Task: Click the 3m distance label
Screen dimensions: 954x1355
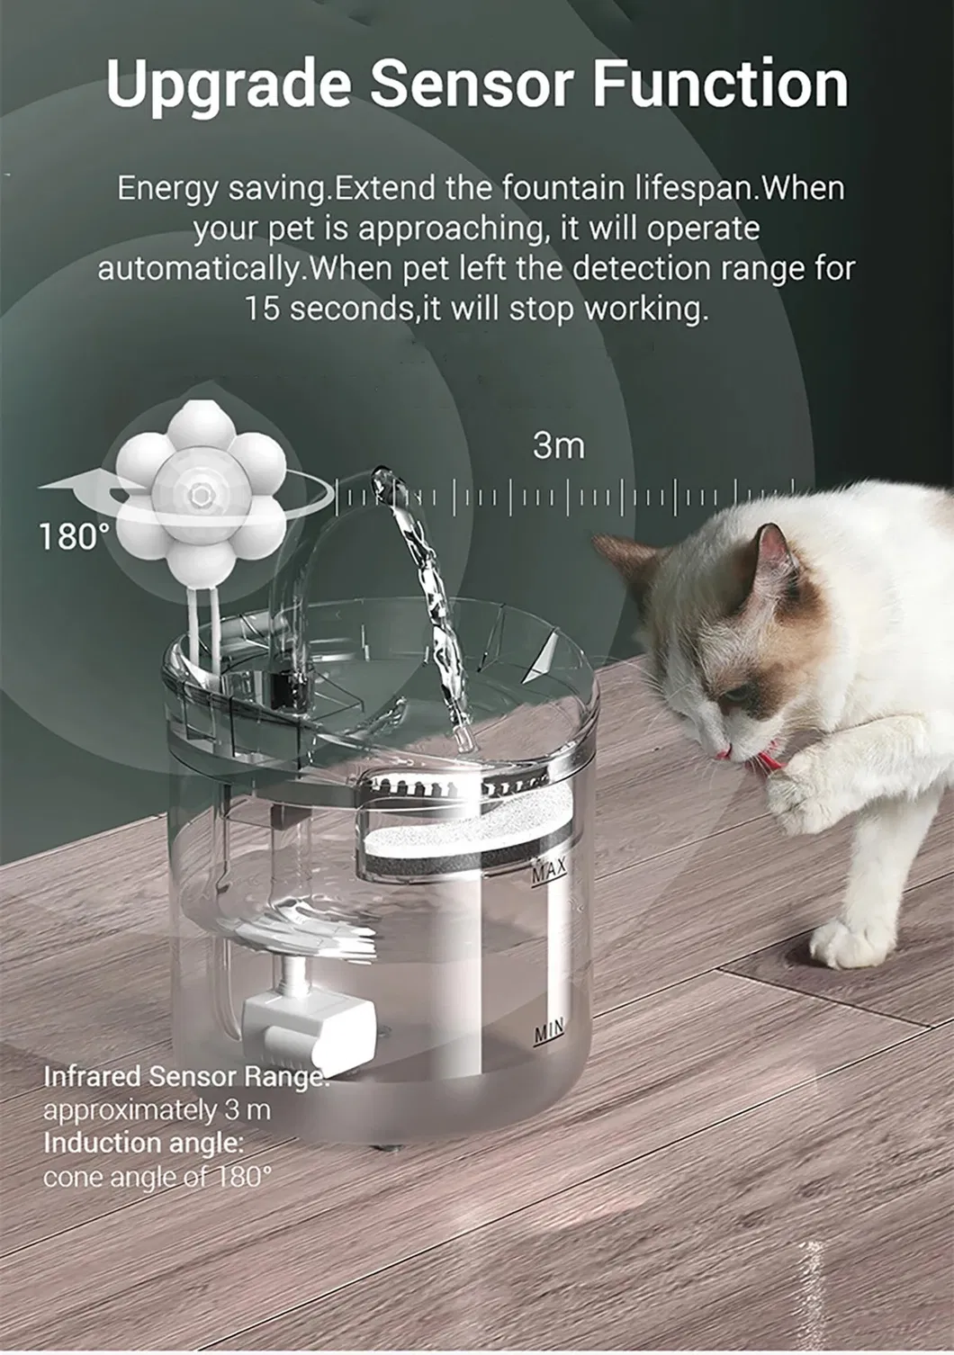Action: (558, 446)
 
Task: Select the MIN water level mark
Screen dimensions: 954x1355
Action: (549, 1029)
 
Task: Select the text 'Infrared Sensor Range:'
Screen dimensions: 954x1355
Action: (186, 1076)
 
